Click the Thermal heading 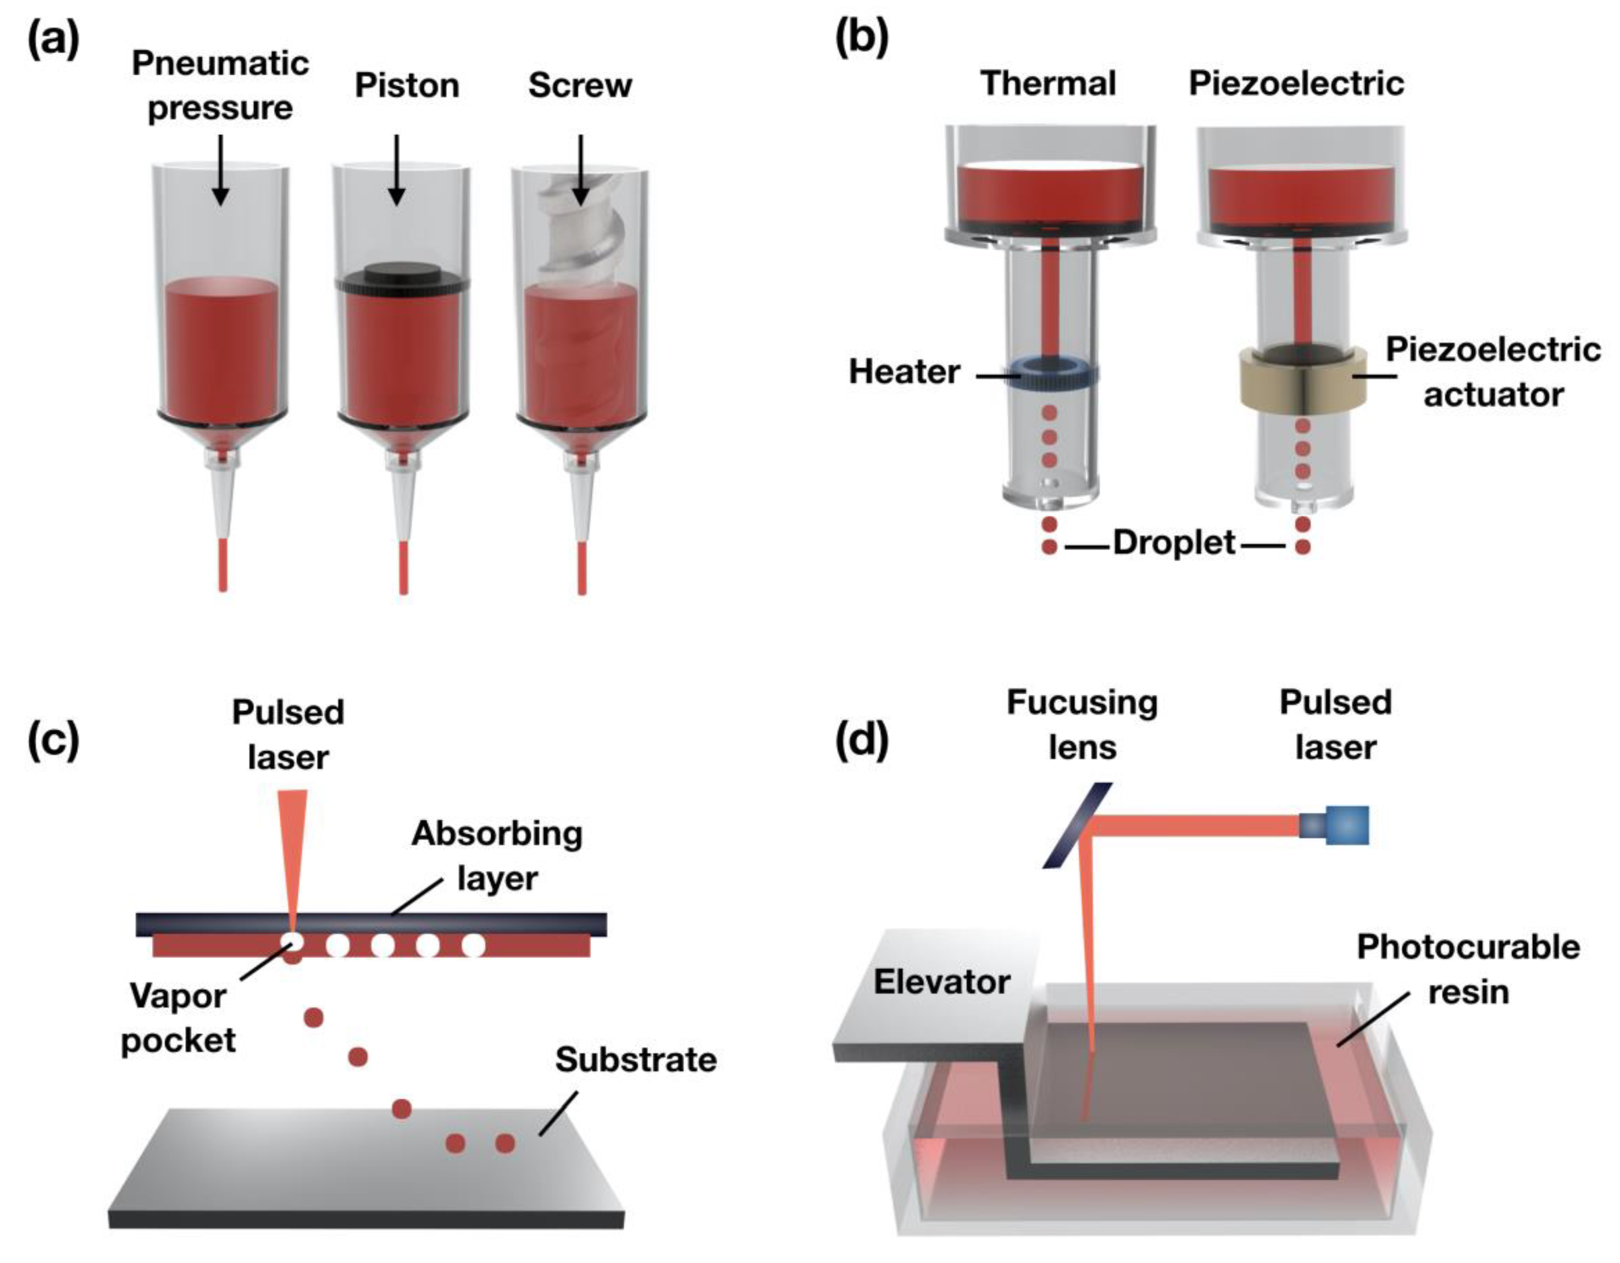[x=1048, y=83]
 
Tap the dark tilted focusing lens [x=1077, y=825]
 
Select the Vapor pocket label [x=178, y=1018]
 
